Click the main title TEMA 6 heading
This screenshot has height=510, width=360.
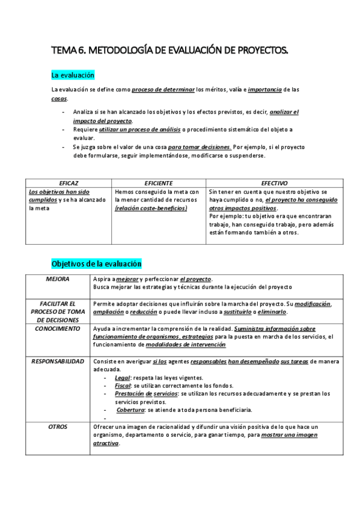point(169,52)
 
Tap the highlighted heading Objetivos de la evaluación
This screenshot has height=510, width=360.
point(96,263)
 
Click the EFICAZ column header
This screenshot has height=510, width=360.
point(69,182)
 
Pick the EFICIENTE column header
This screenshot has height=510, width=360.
point(159,182)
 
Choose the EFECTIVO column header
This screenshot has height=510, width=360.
point(274,182)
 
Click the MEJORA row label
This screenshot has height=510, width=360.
point(57,279)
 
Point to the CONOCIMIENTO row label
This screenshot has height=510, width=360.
point(57,329)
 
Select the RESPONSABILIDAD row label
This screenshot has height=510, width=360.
point(57,361)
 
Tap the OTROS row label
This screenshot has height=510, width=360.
point(57,426)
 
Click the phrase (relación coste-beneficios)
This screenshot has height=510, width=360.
point(151,208)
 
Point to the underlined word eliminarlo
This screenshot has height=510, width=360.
point(273,312)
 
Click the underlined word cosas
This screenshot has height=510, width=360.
point(59,98)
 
